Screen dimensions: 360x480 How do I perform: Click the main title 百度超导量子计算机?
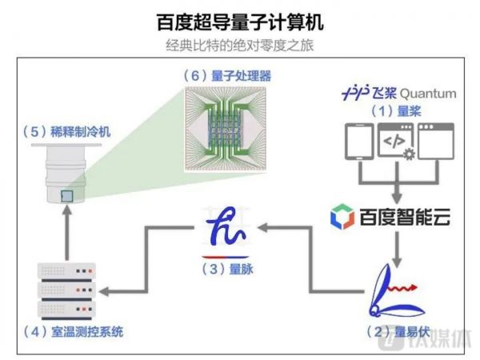(x=240, y=18)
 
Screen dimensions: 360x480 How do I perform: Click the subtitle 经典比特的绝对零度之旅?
(x=240, y=44)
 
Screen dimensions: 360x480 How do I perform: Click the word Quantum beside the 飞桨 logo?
(x=428, y=94)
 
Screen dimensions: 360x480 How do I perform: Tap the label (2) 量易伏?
(x=396, y=329)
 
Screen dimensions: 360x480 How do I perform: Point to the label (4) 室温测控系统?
(x=73, y=330)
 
